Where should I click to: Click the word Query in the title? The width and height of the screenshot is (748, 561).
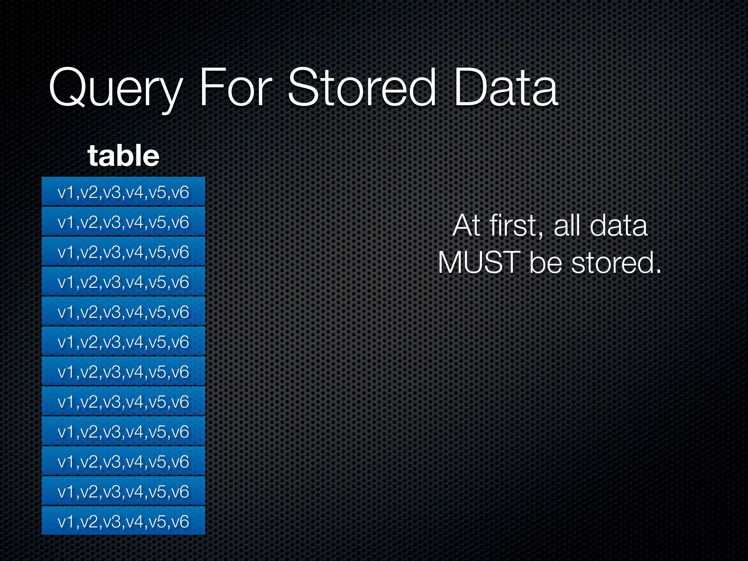coord(115,88)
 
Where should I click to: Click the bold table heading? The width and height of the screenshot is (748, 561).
coord(123,156)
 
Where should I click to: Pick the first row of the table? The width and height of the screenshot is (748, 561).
coord(123,192)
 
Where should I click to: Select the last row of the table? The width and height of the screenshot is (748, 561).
coord(123,521)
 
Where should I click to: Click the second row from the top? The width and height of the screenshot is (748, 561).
coord(123,222)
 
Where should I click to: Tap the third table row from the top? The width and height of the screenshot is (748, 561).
coord(123,252)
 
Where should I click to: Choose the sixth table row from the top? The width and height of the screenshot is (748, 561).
coord(123,341)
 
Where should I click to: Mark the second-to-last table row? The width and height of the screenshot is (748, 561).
coord(123,491)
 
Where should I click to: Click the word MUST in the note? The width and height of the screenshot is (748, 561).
coord(479,263)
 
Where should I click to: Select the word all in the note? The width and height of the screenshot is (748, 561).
coord(567,225)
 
